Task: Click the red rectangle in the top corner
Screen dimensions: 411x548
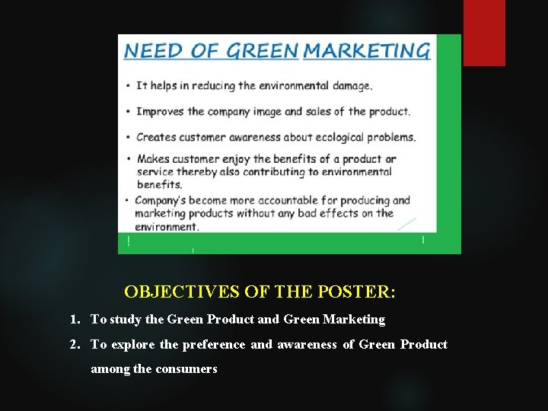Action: coord(484,32)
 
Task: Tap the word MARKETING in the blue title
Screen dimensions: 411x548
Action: coord(367,51)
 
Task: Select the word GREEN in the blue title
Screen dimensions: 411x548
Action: coord(263,51)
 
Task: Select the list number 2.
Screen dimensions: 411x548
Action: coord(73,345)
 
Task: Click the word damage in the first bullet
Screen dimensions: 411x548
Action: coord(350,86)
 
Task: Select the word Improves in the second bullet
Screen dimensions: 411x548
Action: coord(161,111)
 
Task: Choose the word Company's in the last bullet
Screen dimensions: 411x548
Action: coord(161,201)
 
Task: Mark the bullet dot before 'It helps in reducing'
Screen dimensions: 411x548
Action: coord(128,87)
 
